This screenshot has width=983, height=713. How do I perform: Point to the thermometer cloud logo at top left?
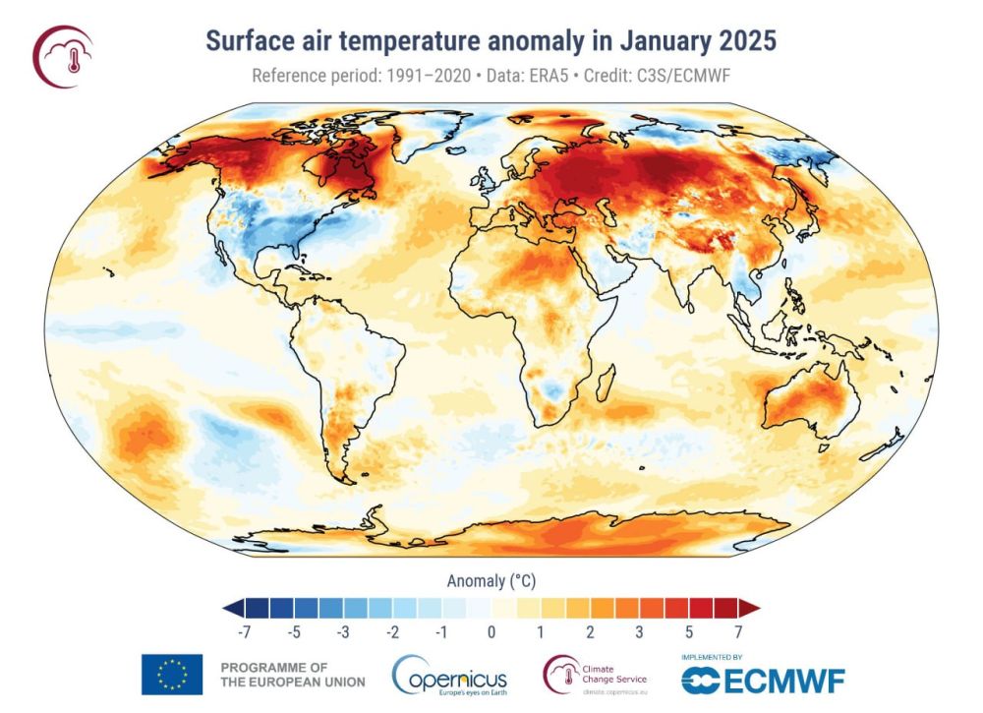click(x=63, y=56)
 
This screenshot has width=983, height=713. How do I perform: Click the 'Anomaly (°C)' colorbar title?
click(x=491, y=581)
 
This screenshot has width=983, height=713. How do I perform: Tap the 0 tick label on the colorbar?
click(x=491, y=631)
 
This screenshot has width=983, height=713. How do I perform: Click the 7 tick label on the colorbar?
click(x=737, y=631)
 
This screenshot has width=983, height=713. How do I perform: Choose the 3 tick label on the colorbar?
click(x=639, y=631)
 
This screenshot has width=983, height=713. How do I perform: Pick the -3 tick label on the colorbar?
click(x=343, y=631)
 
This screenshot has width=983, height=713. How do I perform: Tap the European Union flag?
click(x=172, y=675)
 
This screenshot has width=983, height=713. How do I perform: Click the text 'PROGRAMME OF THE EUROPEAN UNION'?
click(x=292, y=675)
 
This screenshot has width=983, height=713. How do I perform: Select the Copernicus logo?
click(x=450, y=677)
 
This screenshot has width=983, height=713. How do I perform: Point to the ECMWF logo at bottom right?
click(x=763, y=680)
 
